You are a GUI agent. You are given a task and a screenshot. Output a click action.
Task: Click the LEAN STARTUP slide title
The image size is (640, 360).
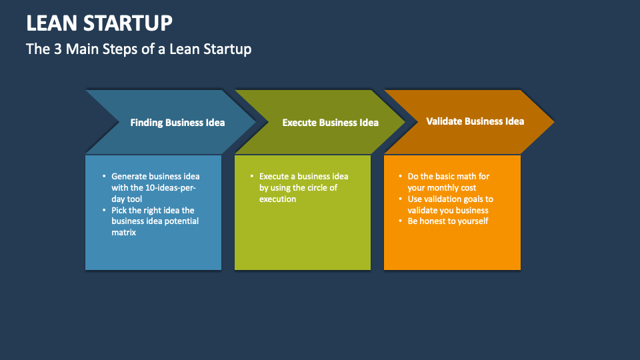[x=99, y=23]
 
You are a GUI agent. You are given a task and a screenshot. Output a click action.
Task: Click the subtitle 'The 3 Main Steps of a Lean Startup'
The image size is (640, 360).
[x=139, y=49]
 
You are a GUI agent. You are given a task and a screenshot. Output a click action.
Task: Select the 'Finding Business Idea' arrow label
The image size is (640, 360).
[x=177, y=123]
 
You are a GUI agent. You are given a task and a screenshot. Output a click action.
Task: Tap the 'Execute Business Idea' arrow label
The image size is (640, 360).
[x=330, y=123]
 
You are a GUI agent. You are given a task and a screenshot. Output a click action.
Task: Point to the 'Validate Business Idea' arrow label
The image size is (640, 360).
[x=475, y=121]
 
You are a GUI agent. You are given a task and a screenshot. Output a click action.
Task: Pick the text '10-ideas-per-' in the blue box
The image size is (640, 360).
[x=170, y=188]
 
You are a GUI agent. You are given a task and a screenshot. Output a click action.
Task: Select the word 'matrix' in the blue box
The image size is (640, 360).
[x=124, y=233]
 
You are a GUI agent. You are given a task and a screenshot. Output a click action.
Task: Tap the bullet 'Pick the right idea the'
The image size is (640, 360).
[x=153, y=210]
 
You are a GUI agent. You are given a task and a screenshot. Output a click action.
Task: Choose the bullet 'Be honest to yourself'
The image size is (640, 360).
[x=448, y=221]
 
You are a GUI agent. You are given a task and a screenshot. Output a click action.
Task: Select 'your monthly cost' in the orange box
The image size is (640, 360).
[x=441, y=188]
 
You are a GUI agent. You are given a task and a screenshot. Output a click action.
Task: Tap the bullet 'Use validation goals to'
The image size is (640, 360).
[x=450, y=199]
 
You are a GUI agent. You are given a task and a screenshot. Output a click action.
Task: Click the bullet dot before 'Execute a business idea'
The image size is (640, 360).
[x=252, y=177]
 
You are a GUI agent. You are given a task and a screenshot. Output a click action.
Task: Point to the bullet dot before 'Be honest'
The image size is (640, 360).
[x=400, y=221]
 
